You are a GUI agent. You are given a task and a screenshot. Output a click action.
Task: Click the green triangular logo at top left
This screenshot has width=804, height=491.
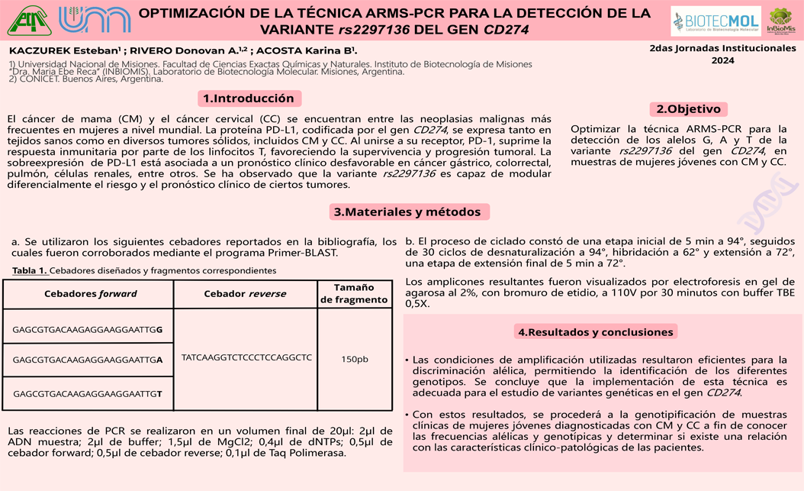(30, 21)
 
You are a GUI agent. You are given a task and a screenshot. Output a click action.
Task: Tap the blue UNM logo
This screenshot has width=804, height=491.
(94, 21)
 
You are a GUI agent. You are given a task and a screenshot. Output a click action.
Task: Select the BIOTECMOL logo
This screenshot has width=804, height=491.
(716, 21)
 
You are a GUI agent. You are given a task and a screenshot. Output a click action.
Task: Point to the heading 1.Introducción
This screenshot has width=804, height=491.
(248, 99)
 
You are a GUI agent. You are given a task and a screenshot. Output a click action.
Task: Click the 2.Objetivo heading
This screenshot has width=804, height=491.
(688, 109)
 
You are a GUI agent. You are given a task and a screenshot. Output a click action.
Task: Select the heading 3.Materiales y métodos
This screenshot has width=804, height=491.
(407, 212)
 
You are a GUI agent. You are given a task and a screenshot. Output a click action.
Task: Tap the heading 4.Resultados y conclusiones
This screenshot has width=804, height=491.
(595, 332)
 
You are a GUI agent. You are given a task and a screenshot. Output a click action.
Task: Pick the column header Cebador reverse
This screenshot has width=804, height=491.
(245, 294)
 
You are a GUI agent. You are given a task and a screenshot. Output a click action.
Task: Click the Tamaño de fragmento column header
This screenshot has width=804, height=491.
(354, 293)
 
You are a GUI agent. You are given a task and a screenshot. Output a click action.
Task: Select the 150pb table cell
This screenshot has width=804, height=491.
(354, 359)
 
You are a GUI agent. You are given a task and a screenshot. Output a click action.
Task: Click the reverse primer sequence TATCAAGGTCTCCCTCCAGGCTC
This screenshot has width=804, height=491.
(246, 357)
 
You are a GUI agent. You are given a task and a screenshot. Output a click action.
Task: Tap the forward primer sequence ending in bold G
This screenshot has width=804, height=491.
(88, 330)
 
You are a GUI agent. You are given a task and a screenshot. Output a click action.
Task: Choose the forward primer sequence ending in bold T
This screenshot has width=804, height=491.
(88, 393)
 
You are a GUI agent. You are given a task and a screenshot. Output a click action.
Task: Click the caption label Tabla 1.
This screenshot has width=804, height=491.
(30, 270)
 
